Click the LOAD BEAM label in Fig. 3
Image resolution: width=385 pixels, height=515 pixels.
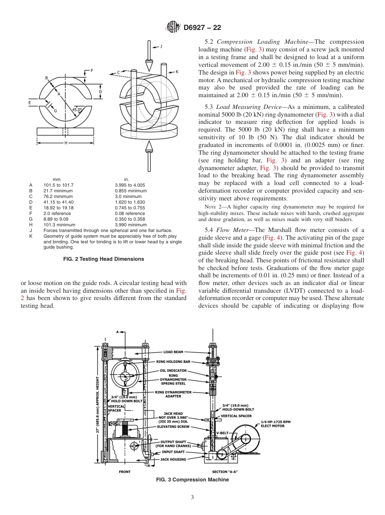click(x=173, y=352)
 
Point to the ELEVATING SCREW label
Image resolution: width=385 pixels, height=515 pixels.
click(x=173, y=426)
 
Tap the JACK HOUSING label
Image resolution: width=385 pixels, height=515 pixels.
click(x=173, y=459)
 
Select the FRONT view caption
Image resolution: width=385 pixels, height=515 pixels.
click(x=124, y=472)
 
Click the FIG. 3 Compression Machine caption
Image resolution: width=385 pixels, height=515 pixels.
click(x=192, y=480)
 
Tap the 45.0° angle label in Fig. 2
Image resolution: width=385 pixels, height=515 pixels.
click(x=77, y=110)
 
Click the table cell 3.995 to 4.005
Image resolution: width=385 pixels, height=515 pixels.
click(x=130, y=185)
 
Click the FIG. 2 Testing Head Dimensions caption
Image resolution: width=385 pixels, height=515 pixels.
click(x=104, y=259)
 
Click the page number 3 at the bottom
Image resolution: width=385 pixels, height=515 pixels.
click(x=192, y=498)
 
